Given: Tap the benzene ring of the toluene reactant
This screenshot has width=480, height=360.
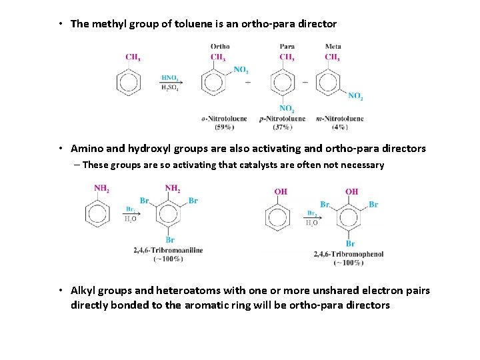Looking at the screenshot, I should (129, 83).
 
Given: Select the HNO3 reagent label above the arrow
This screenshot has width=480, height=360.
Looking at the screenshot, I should (169, 77).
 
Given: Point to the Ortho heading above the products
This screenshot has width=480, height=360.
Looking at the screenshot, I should (220, 47).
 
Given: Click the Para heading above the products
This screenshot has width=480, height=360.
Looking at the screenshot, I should (287, 47).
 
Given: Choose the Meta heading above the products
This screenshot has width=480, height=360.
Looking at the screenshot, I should (333, 47).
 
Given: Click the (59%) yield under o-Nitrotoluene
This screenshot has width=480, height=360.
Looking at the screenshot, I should (224, 126).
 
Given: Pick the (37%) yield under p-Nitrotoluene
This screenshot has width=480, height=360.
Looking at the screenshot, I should (284, 126).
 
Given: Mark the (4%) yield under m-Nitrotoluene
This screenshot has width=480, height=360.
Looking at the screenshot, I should (339, 126).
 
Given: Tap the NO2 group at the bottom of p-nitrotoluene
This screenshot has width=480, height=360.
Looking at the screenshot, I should (287, 109).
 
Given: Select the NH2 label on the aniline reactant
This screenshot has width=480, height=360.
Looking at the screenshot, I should (101, 189).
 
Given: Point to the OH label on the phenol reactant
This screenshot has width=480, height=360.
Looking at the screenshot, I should (281, 191).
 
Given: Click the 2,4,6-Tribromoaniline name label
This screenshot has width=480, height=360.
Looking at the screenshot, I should (169, 251).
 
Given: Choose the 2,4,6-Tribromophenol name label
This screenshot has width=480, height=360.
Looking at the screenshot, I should (349, 254).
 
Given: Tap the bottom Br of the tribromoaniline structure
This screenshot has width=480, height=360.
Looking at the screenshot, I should (170, 239).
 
